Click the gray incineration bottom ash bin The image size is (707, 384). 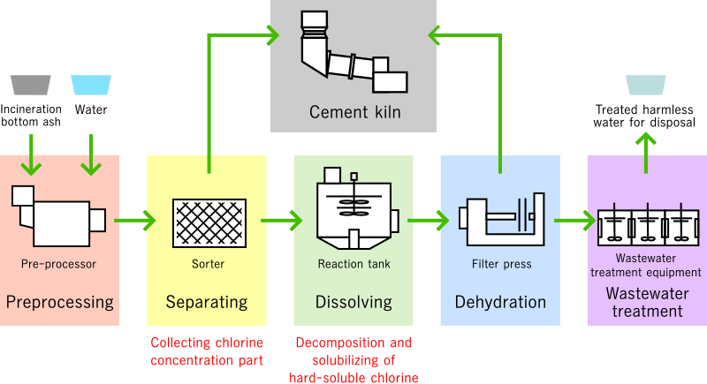pos(30,85)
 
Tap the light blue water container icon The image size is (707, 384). pos(90,85)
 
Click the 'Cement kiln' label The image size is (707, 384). pos(354,112)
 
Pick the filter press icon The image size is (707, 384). pos(500,219)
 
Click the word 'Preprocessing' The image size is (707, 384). pos(60,303)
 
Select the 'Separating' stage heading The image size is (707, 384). pos(207,303)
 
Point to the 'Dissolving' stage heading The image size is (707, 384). pos(353,303)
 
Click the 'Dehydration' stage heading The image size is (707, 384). pos(500,303)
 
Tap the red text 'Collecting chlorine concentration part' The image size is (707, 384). pos(207,351)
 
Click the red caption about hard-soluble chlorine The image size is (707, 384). pos(353,360)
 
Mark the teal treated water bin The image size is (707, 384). pos(645,85)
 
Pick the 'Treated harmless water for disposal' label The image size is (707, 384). pos(645,115)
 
